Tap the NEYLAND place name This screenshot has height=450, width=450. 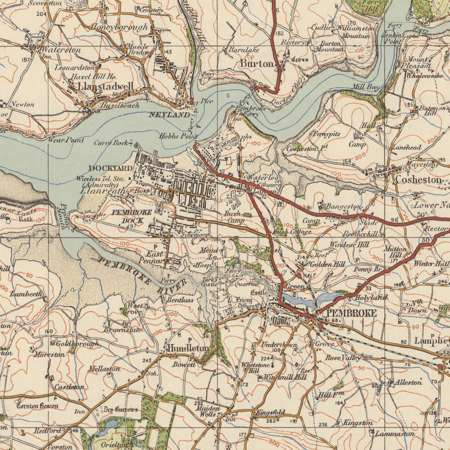(x=169, y=114)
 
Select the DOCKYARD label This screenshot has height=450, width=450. (x=110, y=168)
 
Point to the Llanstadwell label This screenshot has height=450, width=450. (x=105, y=86)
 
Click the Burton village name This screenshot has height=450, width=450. (x=257, y=63)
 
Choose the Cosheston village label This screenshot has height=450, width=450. (x=418, y=179)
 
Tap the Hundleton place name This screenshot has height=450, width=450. (x=187, y=347)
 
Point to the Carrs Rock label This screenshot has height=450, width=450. (x=111, y=142)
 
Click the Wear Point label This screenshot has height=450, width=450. (x=65, y=140)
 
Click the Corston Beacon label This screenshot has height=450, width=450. (x=37, y=406)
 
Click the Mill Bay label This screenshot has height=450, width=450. (x=366, y=86)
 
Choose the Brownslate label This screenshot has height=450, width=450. (x=123, y=330)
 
